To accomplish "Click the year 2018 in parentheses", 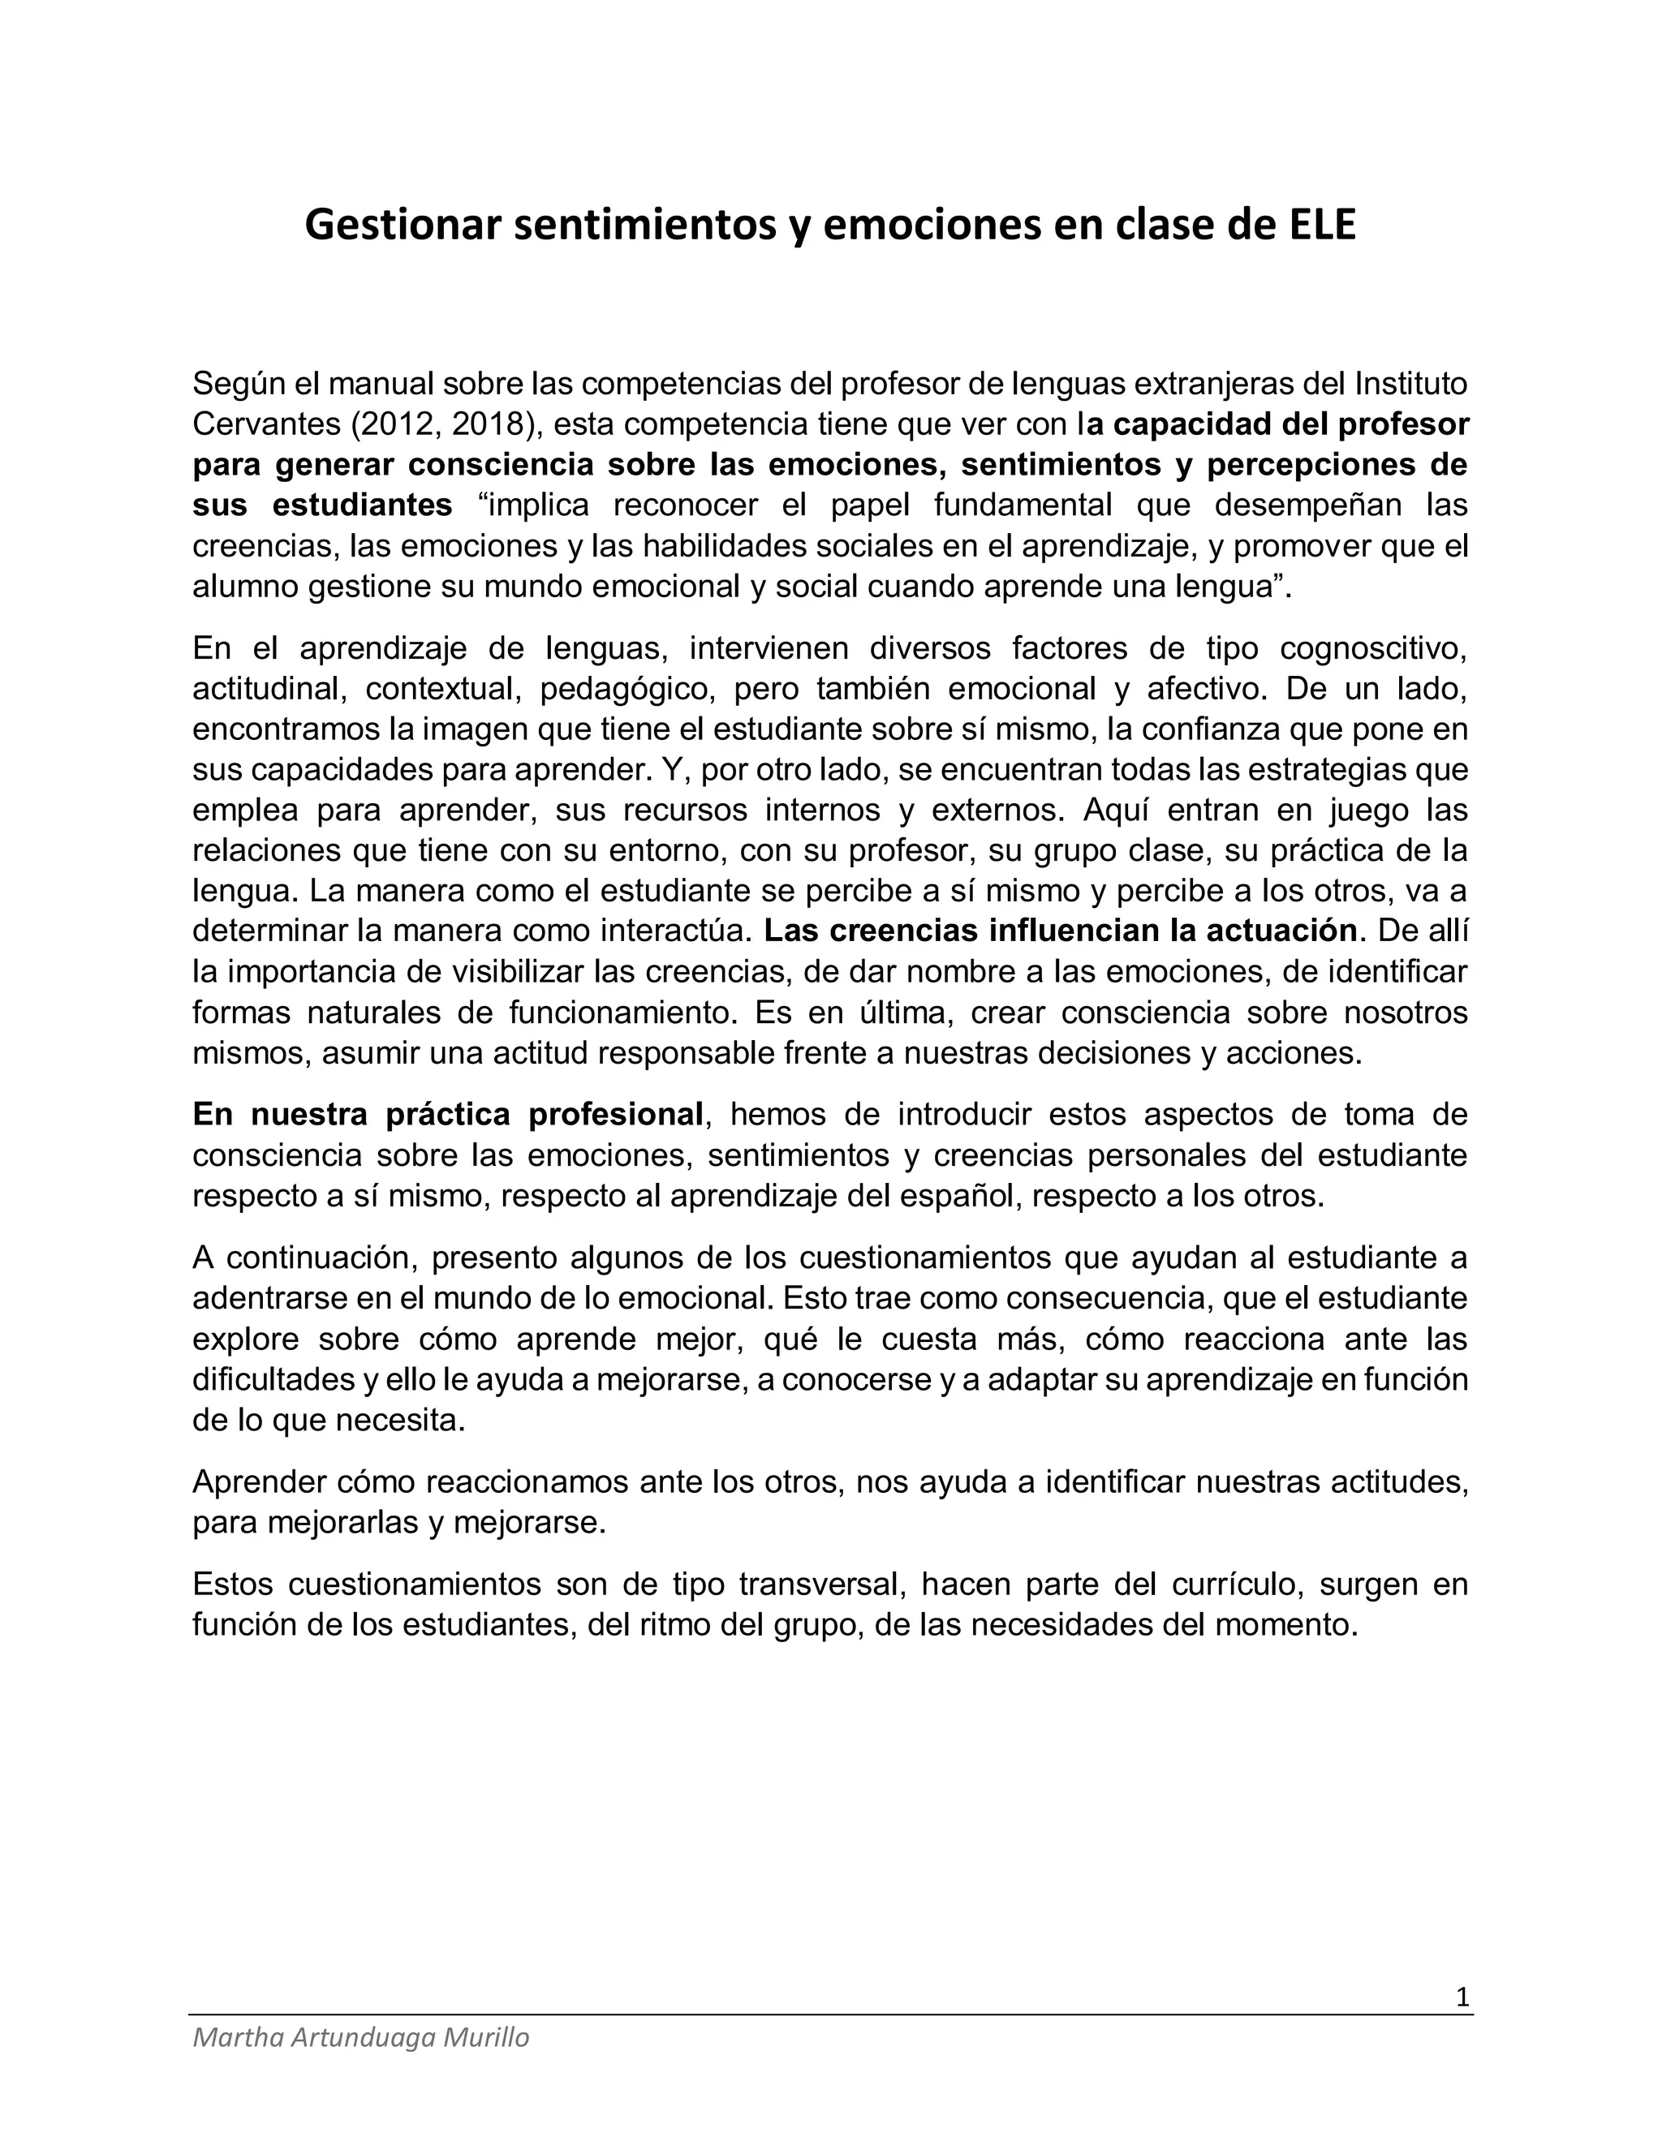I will pos(488,424).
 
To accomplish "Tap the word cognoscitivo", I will pos(1374,649).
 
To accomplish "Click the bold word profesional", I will pos(615,1115).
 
